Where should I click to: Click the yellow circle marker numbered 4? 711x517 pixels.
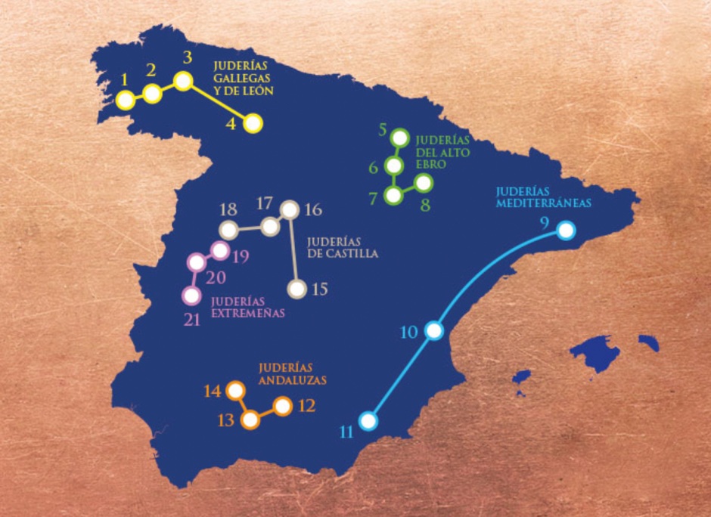(x=253, y=123)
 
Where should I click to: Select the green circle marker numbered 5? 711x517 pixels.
(x=400, y=138)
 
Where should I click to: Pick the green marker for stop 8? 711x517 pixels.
(x=424, y=183)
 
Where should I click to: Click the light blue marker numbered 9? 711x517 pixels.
(x=565, y=231)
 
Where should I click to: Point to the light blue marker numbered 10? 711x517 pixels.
(x=433, y=330)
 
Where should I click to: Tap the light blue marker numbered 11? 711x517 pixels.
(x=368, y=420)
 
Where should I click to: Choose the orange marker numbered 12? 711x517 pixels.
(x=283, y=406)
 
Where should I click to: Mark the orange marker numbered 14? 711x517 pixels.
(x=235, y=391)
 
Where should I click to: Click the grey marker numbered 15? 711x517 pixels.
(x=298, y=289)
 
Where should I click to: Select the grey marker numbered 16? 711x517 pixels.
(x=289, y=209)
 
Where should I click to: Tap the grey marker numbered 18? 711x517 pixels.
(x=228, y=228)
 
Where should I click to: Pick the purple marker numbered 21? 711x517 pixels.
(x=191, y=295)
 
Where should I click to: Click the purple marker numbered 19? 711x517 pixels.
(x=220, y=249)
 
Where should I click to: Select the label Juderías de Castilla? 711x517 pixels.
(x=343, y=248)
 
